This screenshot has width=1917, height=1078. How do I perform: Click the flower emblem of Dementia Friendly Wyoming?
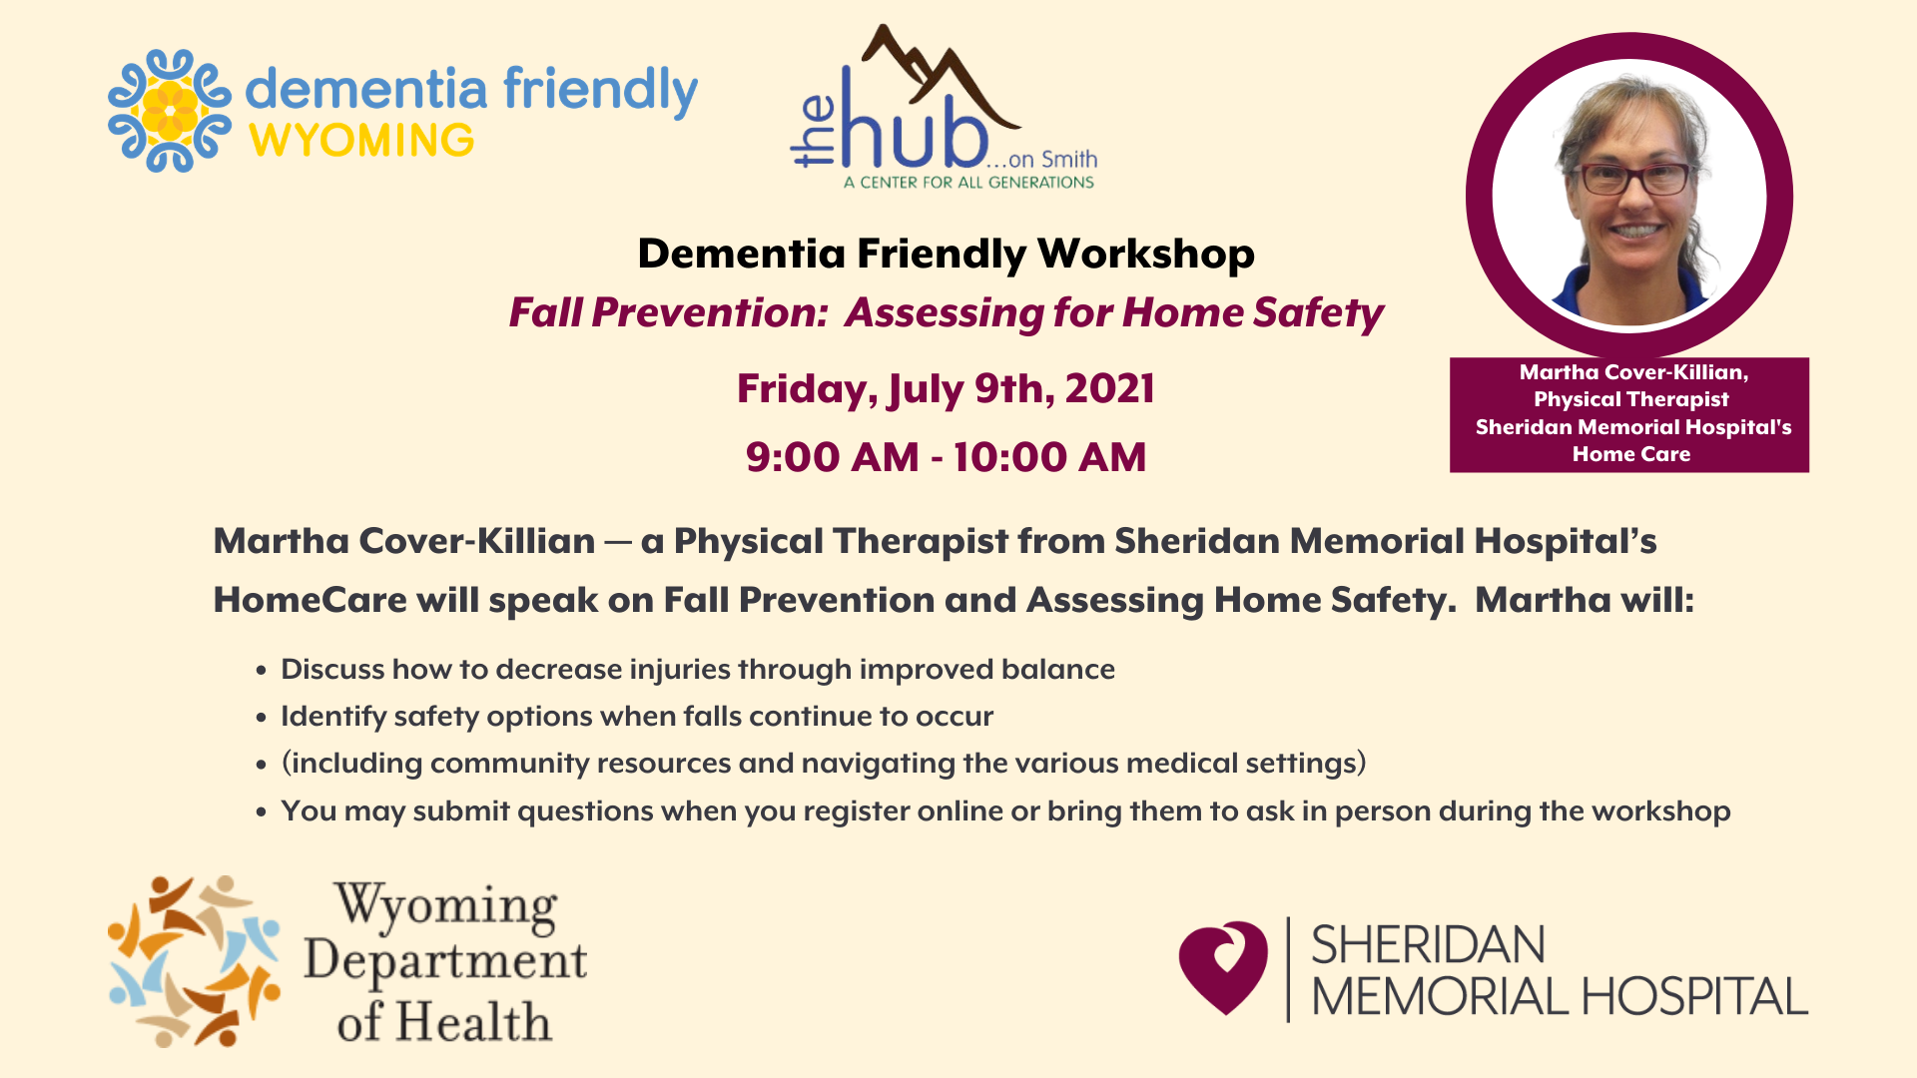pos(170,111)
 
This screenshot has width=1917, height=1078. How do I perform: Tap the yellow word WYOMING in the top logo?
pos(361,141)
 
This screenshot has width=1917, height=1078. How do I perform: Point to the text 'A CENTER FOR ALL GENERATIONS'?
pos(968,183)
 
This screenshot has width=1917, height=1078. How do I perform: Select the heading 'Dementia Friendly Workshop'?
pos(946,254)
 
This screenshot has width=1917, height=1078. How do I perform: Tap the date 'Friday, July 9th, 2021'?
pos(946,388)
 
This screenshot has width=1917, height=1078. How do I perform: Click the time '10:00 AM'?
pos(1049,457)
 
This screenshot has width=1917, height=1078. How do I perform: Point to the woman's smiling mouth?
pos(1634,231)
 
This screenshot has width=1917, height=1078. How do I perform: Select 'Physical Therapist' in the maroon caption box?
pos(1630,399)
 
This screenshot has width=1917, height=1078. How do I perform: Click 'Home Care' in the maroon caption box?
pos(1630,454)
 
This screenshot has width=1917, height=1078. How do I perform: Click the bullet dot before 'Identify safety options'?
pos(262,718)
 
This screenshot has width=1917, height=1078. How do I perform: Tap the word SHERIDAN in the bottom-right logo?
pos(1428,944)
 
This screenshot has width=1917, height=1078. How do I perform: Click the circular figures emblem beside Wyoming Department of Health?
pos(194,961)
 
